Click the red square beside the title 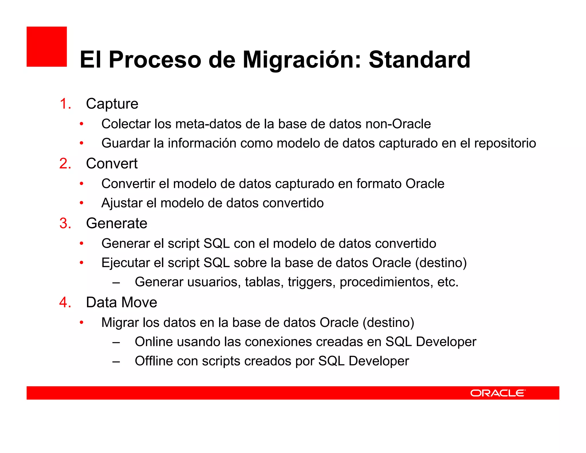pos(47,47)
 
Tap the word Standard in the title pos(419,60)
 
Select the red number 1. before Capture pos(65,104)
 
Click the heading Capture pos(112,104)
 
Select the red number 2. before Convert pos(65,164)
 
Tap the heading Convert pos(112,164)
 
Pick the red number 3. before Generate pos(65,223)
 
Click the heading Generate pos(116,223)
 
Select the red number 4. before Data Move pos(65,302)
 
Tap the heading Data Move pos(122,302)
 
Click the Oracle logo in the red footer pos(498,393)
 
